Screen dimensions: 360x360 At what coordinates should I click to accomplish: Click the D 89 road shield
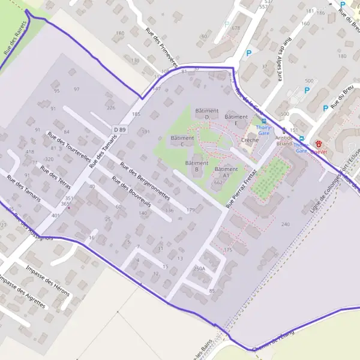120,128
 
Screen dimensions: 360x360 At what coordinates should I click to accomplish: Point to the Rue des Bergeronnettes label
145,181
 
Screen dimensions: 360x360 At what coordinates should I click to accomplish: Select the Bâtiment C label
182,141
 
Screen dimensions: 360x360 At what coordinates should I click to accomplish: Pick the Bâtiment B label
196,166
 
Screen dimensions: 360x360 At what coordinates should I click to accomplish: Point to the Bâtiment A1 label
226,172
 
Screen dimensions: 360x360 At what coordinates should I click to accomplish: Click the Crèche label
250,140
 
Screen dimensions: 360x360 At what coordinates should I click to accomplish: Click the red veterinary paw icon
319,144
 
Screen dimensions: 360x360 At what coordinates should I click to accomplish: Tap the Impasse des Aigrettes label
22,293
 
